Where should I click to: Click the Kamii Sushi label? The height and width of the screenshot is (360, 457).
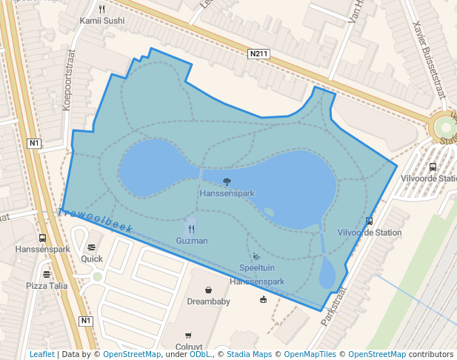tap(102, 21)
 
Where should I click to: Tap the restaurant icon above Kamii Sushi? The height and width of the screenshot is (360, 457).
tap(102, 10)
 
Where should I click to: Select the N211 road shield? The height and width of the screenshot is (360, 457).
tap(257, 54)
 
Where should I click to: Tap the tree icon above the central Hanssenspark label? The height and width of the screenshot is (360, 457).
tap(227, 181)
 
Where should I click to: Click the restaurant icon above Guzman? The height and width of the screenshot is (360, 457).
tap(191, 229)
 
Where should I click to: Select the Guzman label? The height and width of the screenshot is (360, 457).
tap(192, 241)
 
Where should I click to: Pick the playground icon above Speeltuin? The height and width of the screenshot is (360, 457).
tap(256, 256)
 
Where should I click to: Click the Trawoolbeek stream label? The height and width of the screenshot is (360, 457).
tap(95, 221)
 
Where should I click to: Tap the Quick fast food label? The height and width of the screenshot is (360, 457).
tap(92, 259)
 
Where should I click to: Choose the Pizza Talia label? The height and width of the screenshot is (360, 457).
tap(47, 285)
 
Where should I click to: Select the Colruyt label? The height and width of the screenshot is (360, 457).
tap(189, 346)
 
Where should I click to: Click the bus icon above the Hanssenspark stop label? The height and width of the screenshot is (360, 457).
tap(42, 238)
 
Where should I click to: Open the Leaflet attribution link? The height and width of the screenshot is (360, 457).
tap(41, 354)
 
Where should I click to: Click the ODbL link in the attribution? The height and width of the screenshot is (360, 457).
tap(200, 354)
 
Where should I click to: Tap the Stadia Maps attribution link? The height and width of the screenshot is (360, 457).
tap(249, 354)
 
